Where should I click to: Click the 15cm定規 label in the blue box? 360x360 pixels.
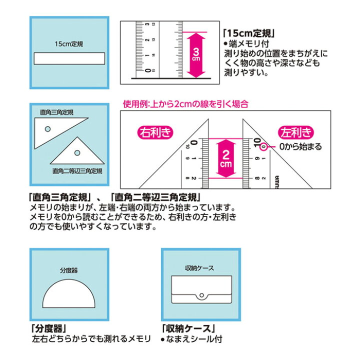click(x=69, y=44)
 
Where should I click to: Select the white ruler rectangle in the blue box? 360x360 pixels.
click(x=69, y=58)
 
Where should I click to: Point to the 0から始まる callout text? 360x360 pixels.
click(x=300, y=147)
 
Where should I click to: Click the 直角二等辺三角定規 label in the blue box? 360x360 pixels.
click(x=77, y=171)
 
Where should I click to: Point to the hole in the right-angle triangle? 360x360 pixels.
click(x=47, y=129)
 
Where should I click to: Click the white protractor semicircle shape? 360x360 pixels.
click(x=69, y=298)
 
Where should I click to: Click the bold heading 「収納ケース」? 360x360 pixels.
click(x=186, y=329)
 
